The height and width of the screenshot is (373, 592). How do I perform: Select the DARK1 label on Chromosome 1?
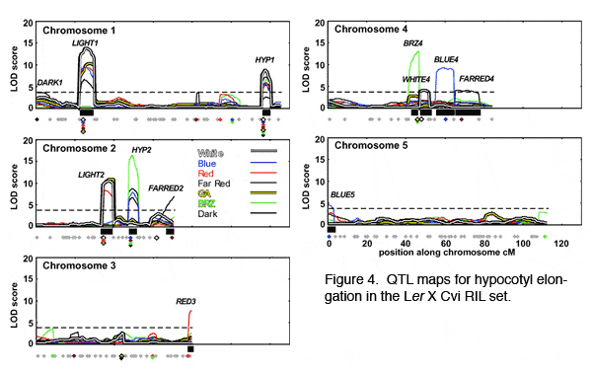pos(50,82)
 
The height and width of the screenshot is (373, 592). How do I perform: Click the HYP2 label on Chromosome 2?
pos(141,149)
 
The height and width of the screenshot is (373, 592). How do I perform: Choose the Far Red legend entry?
pos(213,185)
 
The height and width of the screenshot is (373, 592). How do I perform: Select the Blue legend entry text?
pos(207,164)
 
